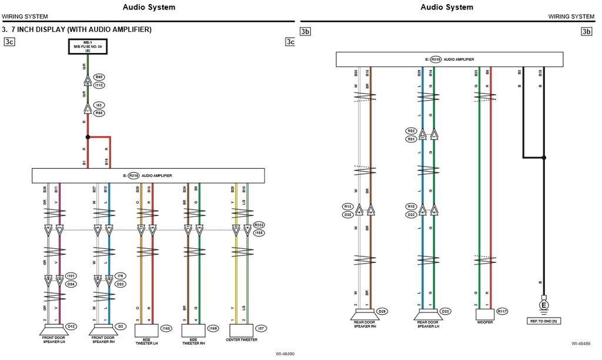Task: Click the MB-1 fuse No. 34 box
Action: [x=88, y=47]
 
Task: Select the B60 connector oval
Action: [x=99, y=77]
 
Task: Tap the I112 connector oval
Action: [x=99, y=85]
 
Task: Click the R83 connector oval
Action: [x=99, y=112]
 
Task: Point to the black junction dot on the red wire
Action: [x=88, y=137]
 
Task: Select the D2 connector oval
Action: [x=121, y=326]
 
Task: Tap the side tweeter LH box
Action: [x=147, y=329]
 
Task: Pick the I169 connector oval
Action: [x=213, y=328]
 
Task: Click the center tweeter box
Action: [x=242, y=329]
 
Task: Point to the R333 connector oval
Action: [x=259, y=225]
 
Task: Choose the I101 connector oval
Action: [x=71, y=276]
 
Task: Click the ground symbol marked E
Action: [x=544, y=305]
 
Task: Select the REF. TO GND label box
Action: [x=543, y=322]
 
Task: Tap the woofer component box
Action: [x=485, y=314]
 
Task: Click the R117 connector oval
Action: [x=503, y=311]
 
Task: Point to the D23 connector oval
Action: [x=446, y=311]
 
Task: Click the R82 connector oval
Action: [x=411, y=131]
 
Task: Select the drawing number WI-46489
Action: [x=581, y=344]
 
